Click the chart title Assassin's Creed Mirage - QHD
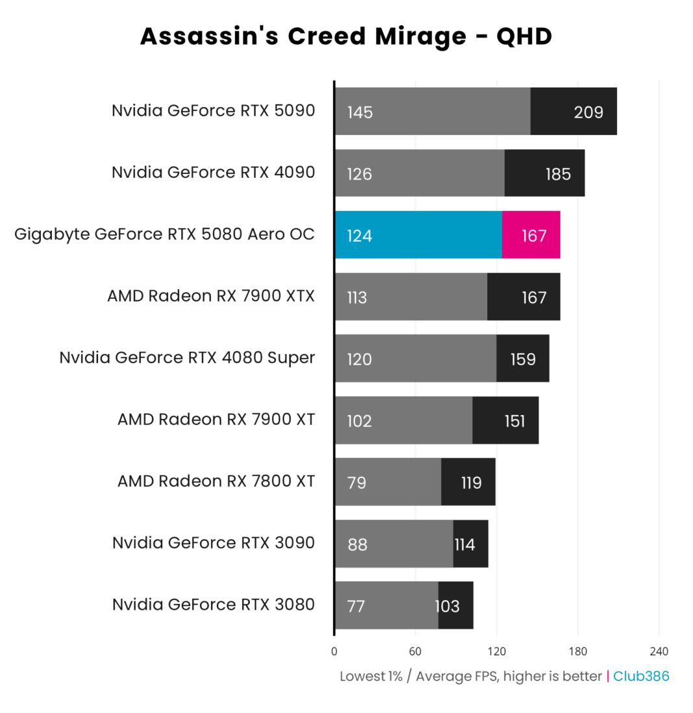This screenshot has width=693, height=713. coord(346,37)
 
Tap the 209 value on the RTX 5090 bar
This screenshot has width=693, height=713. coord(589,112)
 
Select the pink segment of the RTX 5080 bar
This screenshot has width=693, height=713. coord(531,235)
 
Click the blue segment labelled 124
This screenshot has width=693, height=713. coord(419,235)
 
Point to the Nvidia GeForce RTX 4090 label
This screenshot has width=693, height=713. coord(213,173)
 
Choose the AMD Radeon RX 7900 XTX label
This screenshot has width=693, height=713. coord(211,296)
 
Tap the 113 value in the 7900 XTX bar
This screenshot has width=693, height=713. coord(358,298)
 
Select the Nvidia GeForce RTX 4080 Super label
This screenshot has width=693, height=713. coord(187,357)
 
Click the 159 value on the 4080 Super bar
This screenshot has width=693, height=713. coord(522,359)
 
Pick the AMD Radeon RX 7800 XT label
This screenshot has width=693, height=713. coord(216,481)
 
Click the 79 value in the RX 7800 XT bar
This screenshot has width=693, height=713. coord(356,483)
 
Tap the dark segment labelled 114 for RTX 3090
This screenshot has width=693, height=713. coord(470,544)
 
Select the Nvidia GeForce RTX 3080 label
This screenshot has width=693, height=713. coord(213,605)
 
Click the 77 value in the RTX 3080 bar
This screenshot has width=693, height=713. coord(356,607)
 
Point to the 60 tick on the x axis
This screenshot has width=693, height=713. coord(415,651)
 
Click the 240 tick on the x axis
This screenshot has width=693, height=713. coord(659,651)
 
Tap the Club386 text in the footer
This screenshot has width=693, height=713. coord(641,676)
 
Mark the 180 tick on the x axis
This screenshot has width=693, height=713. coord(577,651)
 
